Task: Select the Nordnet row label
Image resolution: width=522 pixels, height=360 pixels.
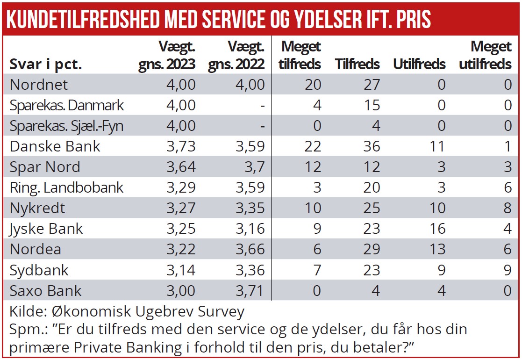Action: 39,85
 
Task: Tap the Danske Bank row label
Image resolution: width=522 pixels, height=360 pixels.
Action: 55,146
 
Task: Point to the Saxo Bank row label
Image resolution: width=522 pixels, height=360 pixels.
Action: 46,290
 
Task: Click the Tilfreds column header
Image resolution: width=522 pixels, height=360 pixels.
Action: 358,64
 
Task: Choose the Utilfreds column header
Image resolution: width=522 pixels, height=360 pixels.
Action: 419,64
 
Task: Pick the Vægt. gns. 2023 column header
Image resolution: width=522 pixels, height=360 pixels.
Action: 167,55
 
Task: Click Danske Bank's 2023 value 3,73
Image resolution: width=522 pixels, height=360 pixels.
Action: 180,146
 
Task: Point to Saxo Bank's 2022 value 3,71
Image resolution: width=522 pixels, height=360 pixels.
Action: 250,290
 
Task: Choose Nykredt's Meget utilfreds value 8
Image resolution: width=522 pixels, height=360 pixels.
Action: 508,208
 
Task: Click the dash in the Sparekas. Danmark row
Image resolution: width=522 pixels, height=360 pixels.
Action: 263,106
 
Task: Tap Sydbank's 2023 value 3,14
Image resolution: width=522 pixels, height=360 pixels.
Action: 180,270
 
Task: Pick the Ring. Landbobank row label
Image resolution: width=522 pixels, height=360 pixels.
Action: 66,187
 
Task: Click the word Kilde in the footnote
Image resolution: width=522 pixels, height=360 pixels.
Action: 25,311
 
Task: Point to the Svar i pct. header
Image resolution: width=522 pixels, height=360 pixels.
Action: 46,65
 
